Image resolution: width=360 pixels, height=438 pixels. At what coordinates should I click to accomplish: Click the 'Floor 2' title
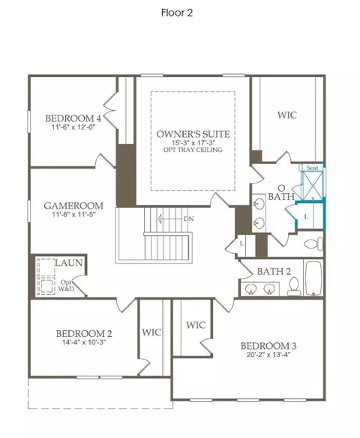point(177,13)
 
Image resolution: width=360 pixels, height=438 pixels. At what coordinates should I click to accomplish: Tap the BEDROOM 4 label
point(73,118)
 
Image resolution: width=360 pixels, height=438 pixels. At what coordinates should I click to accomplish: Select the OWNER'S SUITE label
point(193,134)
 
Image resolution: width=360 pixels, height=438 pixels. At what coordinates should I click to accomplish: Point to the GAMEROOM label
point(73,206)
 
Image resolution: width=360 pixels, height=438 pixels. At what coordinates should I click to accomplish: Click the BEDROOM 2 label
point(84,333)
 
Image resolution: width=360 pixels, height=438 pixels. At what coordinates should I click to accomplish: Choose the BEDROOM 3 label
point(268,346)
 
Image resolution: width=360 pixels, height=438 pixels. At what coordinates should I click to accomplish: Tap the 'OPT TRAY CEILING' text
point(193,150)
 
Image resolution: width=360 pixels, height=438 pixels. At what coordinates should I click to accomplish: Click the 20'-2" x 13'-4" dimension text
point(268,355)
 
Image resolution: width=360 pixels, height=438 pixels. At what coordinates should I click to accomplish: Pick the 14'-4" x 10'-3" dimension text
point(84,342)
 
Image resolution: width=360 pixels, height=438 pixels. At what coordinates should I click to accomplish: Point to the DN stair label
point(189,219)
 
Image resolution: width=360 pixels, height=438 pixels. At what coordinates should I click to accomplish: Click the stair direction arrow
point(171,219)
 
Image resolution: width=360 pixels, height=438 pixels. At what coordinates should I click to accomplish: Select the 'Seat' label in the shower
point(312,168)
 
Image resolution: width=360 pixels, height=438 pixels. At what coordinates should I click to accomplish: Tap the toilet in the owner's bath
point(313,243)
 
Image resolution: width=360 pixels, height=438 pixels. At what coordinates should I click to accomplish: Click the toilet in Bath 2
point(293,287)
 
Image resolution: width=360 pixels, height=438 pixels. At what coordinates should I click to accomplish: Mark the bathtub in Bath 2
point(313,279)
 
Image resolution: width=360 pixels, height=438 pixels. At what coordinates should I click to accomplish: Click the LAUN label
point(69,263)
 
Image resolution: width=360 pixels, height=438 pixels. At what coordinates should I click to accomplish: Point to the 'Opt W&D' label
point(66,285)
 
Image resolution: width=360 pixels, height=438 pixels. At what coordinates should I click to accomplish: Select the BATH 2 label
point(274,271)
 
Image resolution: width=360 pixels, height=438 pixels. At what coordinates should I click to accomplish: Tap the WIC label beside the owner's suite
point(287,115)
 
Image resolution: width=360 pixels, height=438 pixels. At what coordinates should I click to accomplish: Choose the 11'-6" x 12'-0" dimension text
point(73,127)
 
